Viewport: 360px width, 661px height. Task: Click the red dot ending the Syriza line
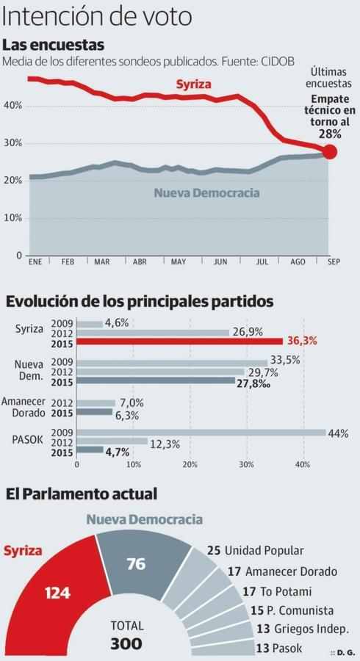tap(330, 152)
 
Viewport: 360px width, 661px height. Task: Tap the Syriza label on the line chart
tap(193, 85)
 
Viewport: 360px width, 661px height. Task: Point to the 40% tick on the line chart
tap(13, 106)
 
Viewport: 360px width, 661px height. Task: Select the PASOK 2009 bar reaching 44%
tap(201, 433)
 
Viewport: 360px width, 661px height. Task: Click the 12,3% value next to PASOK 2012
tap(165, 444)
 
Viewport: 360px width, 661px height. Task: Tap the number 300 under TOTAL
tap(126, 644)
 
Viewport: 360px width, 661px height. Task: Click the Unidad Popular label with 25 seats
tap(255, 550)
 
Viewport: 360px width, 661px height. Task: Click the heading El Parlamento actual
tap(81, 494)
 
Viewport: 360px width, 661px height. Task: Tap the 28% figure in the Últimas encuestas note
tap(330, 134)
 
